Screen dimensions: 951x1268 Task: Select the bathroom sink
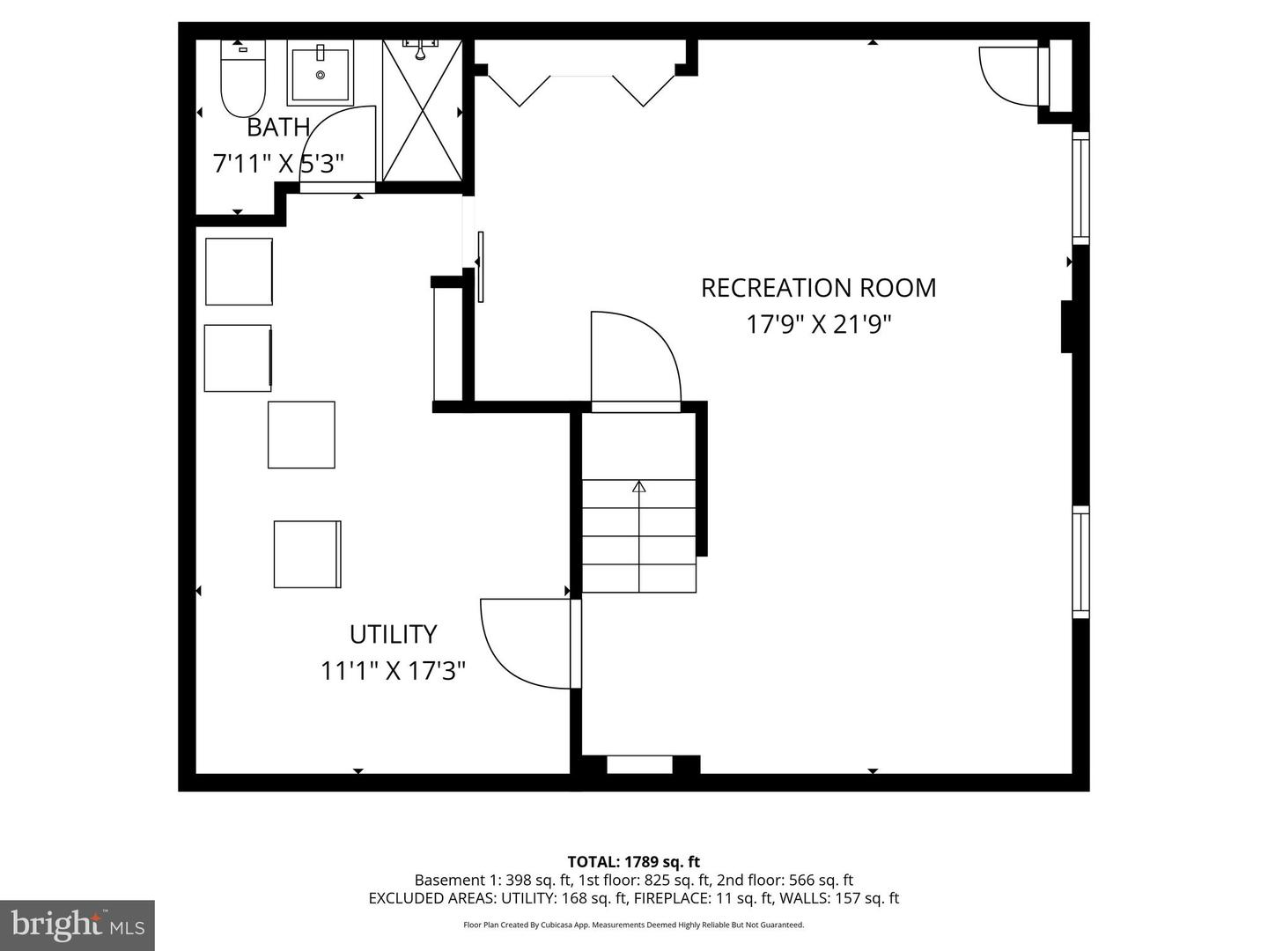320,73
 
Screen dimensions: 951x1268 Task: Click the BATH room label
277,128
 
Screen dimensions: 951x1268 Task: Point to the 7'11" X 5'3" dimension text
277,164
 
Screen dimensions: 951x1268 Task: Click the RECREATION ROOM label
818,288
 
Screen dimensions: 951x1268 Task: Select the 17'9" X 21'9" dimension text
818,325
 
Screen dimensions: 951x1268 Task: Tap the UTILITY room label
393,635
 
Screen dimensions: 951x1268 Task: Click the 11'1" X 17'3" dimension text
393,671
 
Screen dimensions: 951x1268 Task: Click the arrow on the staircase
639,487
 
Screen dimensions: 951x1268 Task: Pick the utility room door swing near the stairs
524,643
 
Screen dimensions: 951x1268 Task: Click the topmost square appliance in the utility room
239,271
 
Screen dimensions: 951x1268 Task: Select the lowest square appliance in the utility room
306,555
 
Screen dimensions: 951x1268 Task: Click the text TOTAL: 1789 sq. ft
633,862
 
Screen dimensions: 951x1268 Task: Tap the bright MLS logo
77,925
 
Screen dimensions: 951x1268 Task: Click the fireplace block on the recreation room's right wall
1066,327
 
